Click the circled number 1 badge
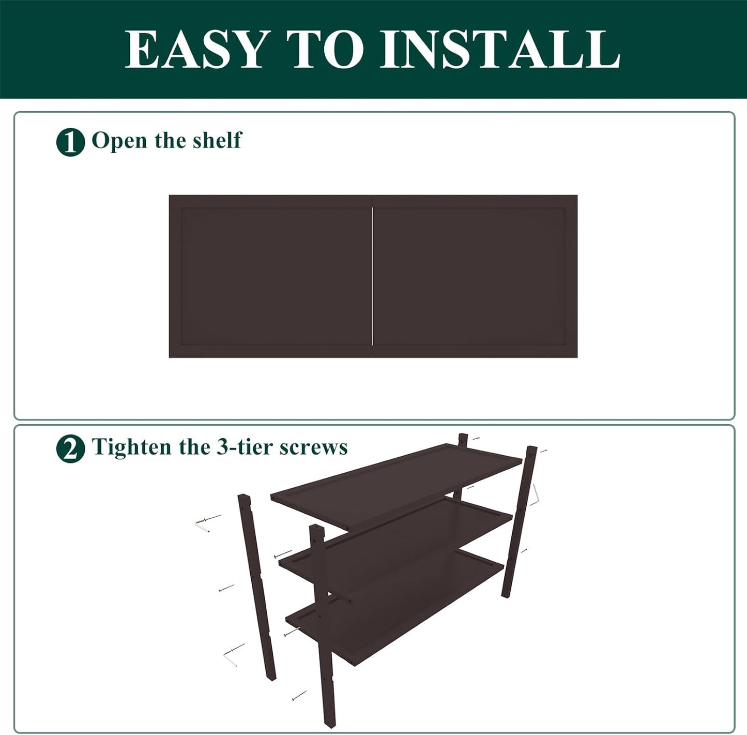point(70,142)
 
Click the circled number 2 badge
point(70,448)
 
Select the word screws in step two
point(313,447)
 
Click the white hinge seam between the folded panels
point(373,276)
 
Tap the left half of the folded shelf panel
point(270,276)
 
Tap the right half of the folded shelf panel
point(475,276)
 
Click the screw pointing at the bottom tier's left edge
point(293,632)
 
